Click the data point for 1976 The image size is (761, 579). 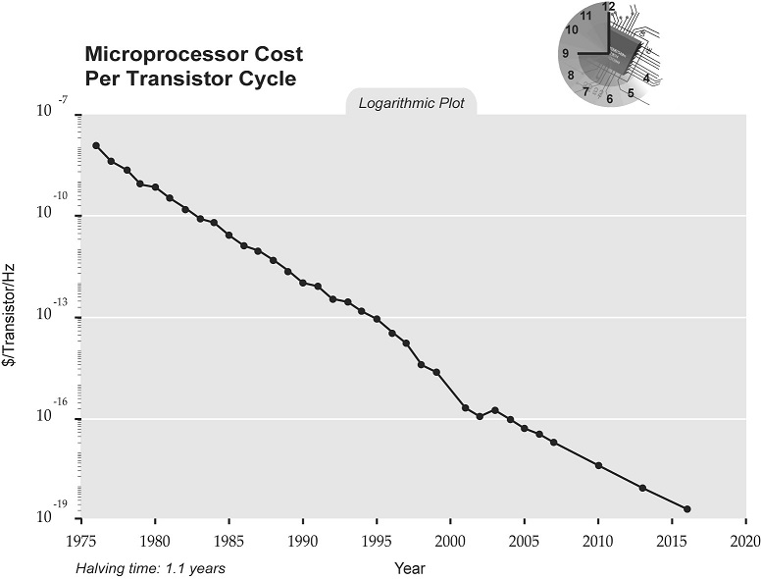(96, 145)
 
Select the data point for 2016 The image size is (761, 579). (686, 508)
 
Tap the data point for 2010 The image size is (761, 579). (598, 465)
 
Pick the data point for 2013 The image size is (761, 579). (642, 488)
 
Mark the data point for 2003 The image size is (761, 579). (494, 410)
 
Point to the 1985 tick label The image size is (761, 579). (228, 541)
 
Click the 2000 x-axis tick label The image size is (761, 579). (450, 541)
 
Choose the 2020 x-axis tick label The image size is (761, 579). (745, 541)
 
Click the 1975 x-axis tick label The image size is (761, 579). (80, 541)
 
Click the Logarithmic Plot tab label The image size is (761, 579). (411, 103)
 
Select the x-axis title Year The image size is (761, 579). (410, 568)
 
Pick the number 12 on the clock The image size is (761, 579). (609, 7)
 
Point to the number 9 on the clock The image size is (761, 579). (566, 53)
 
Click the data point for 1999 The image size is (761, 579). (435, 372)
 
